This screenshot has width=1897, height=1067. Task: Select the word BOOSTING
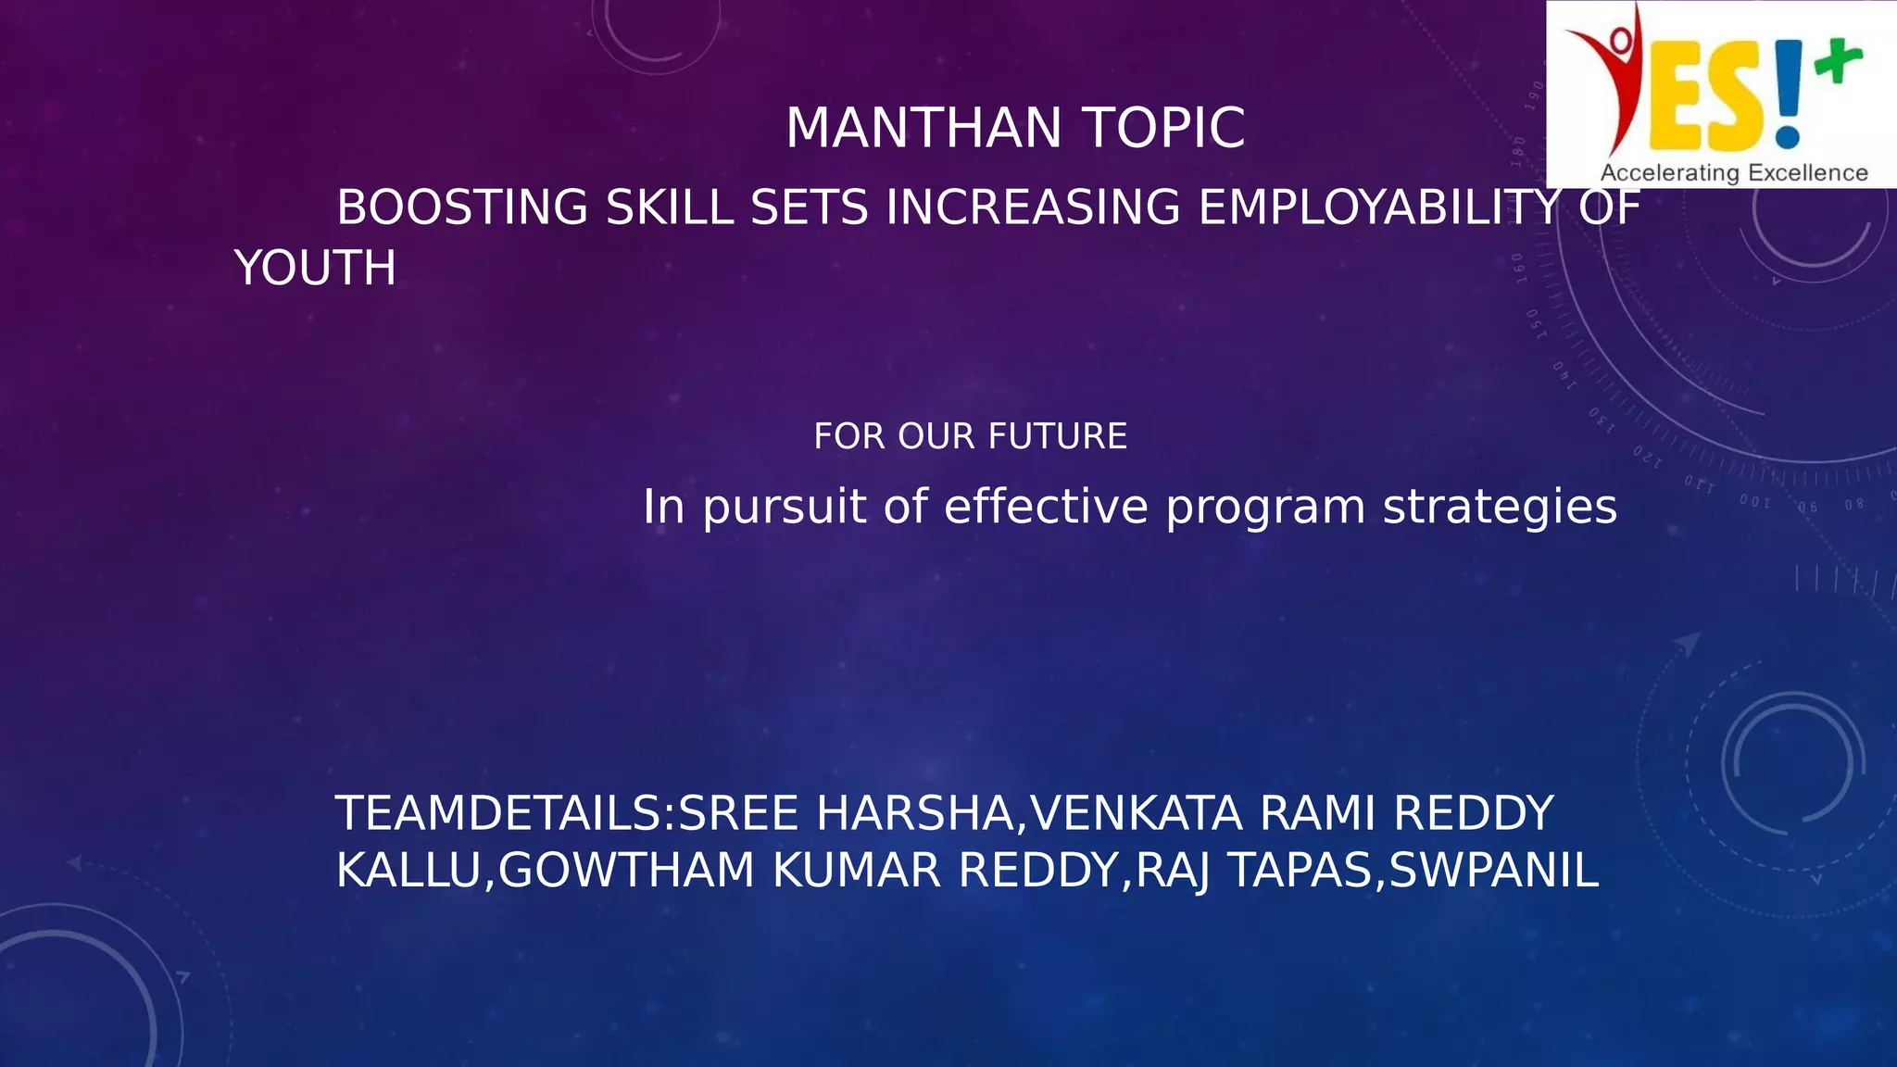[x=461, y=207]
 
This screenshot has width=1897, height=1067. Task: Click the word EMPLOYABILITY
[x=1379, y=207]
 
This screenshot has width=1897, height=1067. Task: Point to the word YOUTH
[x=315, y=269]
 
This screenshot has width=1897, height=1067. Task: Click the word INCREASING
[x=1033, y=207]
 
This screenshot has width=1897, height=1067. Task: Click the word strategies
[x=1500, y=508]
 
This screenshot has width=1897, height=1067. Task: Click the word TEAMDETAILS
[x=498, y=814]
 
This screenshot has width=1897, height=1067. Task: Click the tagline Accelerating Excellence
[x=1733, y=173]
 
